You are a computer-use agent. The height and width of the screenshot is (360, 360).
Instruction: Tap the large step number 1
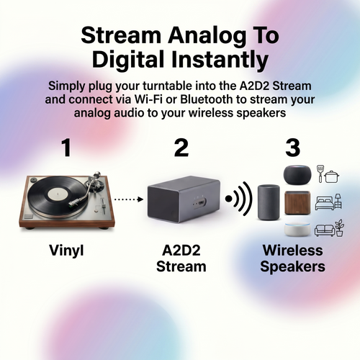(66, 149)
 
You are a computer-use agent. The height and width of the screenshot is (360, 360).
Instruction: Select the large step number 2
(181, 149)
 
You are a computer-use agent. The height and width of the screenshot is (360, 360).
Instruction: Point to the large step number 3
(292, 149)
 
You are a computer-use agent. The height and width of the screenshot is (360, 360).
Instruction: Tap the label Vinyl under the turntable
(66, 251)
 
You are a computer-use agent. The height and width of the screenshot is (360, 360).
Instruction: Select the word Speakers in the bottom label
(292, 266)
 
